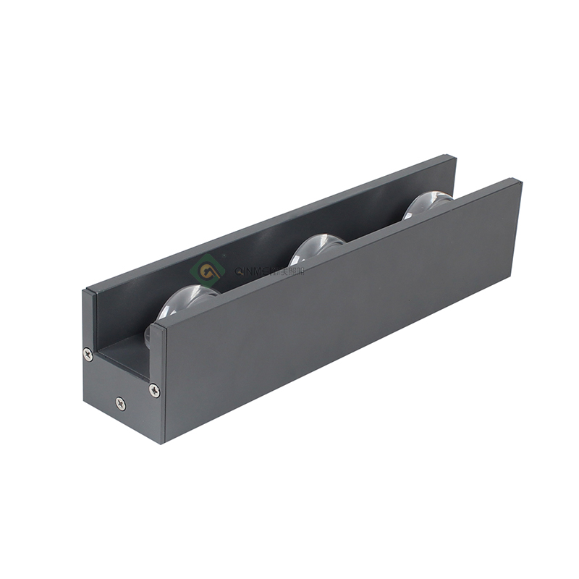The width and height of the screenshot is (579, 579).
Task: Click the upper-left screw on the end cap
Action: pos(88,354)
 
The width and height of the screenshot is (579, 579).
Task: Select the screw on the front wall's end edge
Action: pos(154,390)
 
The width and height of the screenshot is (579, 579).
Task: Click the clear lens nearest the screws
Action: pos(185,300)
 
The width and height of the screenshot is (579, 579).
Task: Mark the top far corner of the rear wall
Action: pos(455,156)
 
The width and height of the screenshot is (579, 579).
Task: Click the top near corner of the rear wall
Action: pos(85,291)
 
